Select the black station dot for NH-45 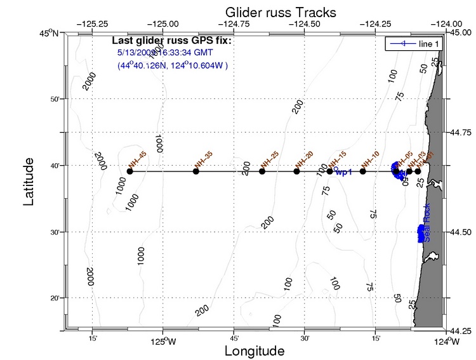coord(129,171)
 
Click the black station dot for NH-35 coord(195,171)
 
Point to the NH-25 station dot coord(262,171)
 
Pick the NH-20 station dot coord(296,171)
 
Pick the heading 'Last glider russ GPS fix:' coord(176,41)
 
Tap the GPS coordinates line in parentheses coord(173,65)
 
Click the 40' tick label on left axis coord(55,166)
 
